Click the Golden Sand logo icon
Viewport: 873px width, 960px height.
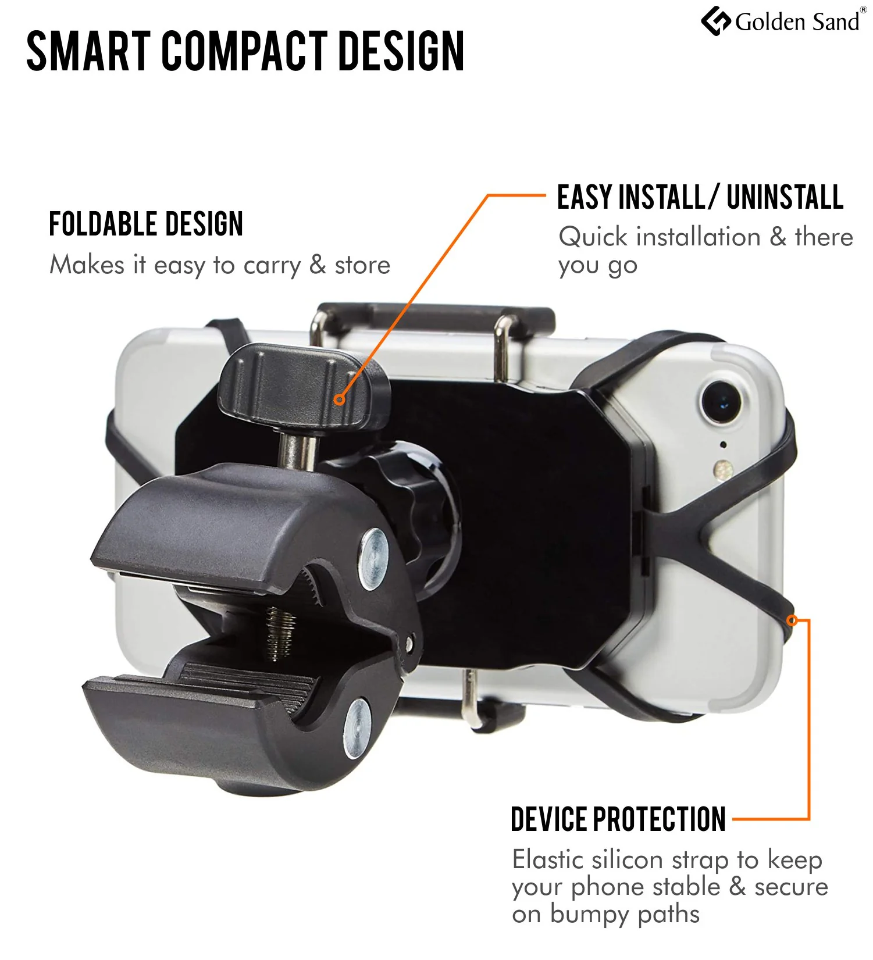(x=715, y=21)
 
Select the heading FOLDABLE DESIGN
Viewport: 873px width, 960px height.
(x=146, y=224)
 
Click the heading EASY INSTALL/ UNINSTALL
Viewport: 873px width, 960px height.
(x=700, y=197)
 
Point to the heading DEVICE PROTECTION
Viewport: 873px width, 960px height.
(x=618, y=819)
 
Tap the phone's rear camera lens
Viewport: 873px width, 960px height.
(x=722, y=401)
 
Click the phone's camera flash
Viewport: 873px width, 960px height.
(x=722, y=469)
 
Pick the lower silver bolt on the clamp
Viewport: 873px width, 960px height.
(x=357, y=728)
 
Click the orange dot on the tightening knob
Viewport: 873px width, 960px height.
(x=340, y=399)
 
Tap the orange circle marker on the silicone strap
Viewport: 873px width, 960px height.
(x=792, y=620)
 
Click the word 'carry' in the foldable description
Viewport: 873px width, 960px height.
(x=272, y=266)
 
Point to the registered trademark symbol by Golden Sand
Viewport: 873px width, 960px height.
(x=863, y=10)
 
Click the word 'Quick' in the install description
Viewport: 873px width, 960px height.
(x=593, y=237)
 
